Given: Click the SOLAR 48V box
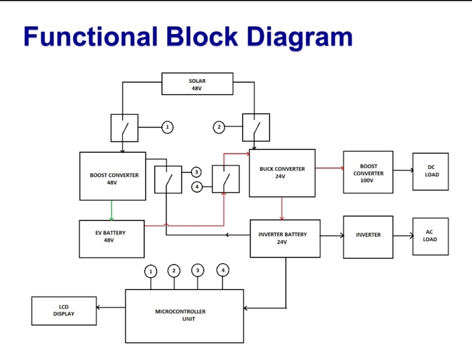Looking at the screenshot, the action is point(197,84).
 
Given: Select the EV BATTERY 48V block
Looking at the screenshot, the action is point(112,239).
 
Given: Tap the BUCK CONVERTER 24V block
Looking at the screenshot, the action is point(282,173).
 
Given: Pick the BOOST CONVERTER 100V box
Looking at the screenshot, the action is point(368,172).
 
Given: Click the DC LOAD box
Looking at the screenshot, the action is point(431,172).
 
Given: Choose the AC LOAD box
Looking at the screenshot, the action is point(431,237).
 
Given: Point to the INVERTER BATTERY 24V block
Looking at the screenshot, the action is point(285,238).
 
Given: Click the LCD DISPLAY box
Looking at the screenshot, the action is point(64,310).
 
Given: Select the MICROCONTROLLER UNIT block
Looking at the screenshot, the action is point(184,316).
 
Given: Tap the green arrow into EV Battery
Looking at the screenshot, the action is point(111,210).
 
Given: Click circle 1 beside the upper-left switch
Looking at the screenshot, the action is point(167,127).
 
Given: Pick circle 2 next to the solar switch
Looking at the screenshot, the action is point(219,127).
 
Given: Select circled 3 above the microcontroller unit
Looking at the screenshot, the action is point(197,270).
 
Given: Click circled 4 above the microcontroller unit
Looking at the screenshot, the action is point(222,270).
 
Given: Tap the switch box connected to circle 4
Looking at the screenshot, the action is point(226,179).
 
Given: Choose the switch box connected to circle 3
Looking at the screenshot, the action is point(168,180).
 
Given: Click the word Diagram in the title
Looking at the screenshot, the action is point(300,38).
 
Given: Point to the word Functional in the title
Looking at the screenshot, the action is point(91,36).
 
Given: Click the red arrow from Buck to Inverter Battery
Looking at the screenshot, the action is point(282,209).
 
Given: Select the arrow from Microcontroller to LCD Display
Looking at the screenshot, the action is point(111,307).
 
